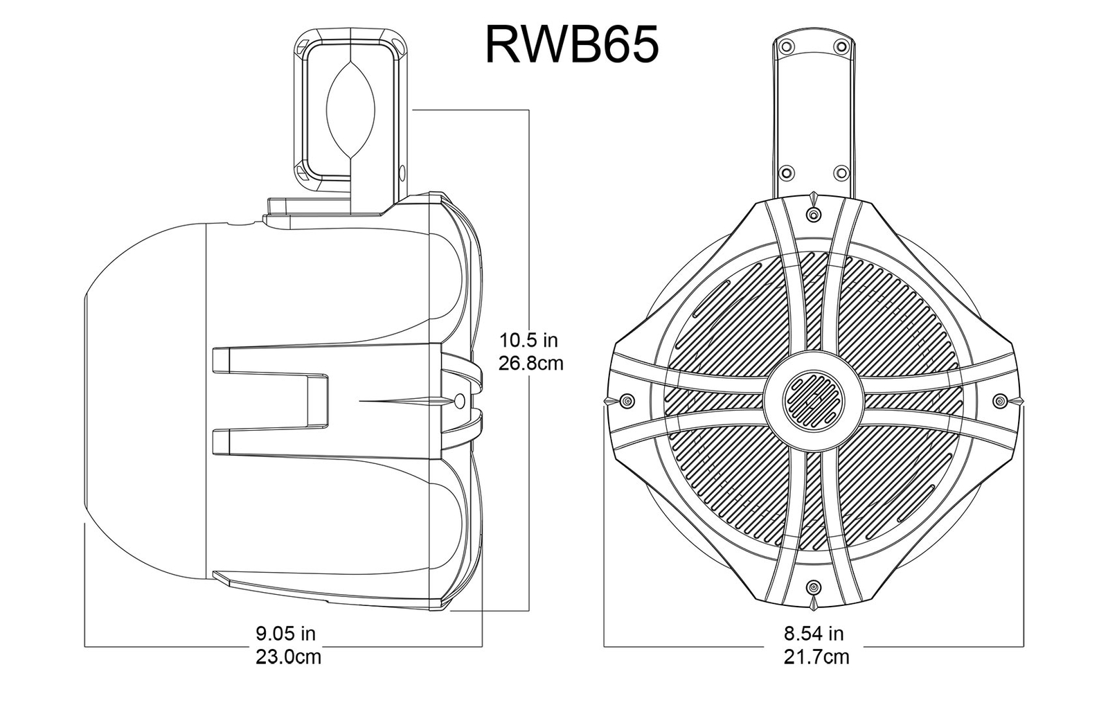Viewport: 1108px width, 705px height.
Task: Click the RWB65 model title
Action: click(x=571, y=44)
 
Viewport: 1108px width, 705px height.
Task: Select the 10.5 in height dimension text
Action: click(x=529, y=340)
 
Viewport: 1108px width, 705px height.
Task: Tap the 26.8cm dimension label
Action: click(x=531, y=362)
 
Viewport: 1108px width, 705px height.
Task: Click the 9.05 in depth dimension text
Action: click(x=286, y=632)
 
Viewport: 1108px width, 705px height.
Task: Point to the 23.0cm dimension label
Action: click(x=288, y=656)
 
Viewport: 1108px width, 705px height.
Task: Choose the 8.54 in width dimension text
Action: click(x=814, y=632)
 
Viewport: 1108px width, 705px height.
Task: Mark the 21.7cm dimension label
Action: click(x=816, y=656)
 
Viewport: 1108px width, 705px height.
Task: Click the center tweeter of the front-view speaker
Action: click(x=813, y=400)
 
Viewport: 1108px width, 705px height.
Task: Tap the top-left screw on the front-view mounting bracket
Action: click(x=787, y=46)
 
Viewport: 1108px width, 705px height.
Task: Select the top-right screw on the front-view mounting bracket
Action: click(x=841, y=46)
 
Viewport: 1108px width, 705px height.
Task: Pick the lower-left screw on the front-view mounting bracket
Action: click(x=787, y=171)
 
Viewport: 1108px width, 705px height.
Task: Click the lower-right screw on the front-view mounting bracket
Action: click(x=841, y=171)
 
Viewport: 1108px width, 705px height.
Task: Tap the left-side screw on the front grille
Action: click(x=627, y=400)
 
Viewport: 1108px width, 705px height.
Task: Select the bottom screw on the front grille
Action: click(x=814, y=587)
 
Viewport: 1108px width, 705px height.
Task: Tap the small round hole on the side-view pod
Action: click(x=461, y=400)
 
